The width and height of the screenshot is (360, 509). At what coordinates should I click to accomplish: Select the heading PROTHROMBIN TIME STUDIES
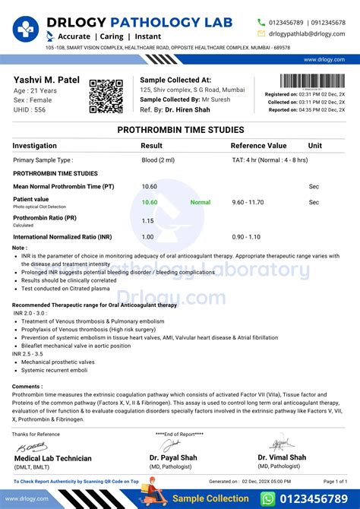click(179, 131)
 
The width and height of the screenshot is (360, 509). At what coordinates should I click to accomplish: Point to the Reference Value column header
click(258, 145)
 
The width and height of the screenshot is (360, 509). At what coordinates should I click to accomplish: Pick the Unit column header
click(314, 145)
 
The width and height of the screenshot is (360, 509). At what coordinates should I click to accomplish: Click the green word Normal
click(201, 203)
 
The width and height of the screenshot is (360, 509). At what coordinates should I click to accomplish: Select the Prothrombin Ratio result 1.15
click(148, 220)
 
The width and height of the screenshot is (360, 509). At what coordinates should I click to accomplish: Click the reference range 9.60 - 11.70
click(248, 203)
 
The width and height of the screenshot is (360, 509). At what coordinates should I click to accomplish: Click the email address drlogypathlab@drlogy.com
click(306, 33)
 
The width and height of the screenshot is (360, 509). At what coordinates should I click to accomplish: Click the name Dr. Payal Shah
click(174, 457)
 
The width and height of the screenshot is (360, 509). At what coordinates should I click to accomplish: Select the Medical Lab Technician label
click(53, 458)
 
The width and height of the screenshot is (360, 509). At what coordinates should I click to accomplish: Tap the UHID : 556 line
click(30, 110)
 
